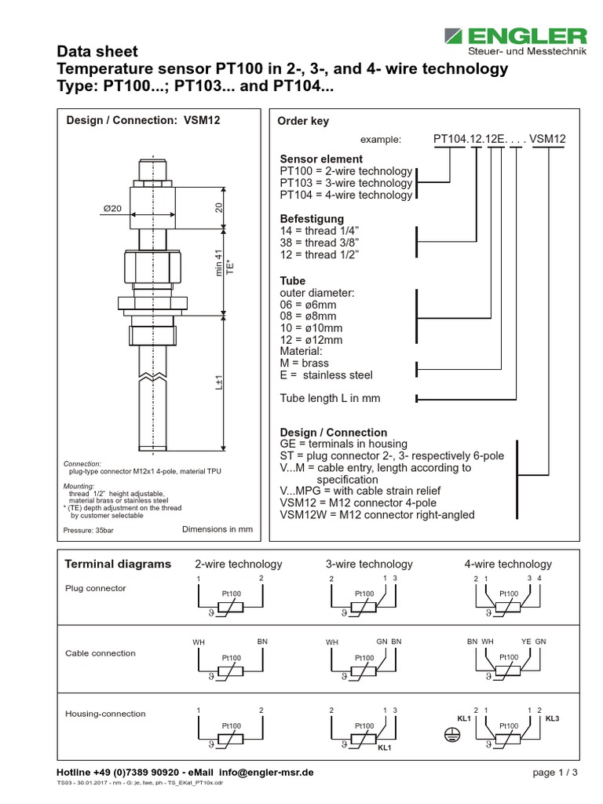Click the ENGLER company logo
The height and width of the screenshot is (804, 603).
click(x=515, y=41)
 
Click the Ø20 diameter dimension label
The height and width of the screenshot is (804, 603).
click(x=113, y=208)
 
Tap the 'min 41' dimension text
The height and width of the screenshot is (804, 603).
click(x=220, y=260)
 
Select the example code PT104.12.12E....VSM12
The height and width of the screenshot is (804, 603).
click(x=499, y=139)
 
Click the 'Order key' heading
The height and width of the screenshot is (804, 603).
click(x=304, y=121)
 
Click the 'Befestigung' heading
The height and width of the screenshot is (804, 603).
click(x=312, y=218)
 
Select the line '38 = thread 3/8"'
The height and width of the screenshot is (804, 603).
click(x=320, y=243)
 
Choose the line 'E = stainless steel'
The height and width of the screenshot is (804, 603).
click(x=327, y=375)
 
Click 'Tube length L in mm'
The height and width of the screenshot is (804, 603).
click(x=330, y=398)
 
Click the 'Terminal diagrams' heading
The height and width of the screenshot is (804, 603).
click(x=117, y=564)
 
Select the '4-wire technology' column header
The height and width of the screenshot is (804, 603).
click(x=508, y=564)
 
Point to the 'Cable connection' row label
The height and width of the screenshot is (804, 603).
click(x=100, y=653)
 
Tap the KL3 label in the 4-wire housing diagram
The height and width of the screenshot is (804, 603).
click(x=552, y=718)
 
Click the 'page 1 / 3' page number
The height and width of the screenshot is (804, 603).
click(x=555, y=773)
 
